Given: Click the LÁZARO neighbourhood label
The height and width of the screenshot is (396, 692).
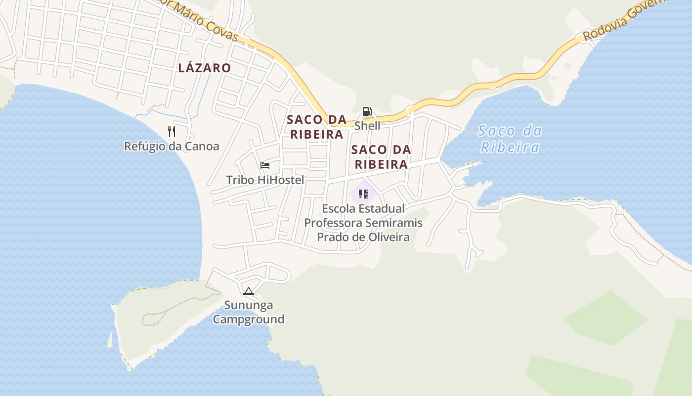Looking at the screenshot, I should click(204, 68).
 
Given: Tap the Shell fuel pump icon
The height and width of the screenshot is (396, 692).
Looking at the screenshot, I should click(367, 111).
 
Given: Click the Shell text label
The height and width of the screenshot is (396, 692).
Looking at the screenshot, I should click(367, 126).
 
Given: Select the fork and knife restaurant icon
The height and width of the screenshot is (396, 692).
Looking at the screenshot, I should click(172, 131).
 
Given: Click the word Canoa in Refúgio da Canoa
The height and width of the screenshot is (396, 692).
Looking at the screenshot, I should click(201, 146).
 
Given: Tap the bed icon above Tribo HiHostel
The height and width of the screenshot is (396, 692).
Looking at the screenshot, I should click(265, 165).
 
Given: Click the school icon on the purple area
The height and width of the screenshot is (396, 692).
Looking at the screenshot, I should click(363, 194).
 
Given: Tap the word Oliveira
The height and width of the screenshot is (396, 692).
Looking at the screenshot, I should click(389, 237).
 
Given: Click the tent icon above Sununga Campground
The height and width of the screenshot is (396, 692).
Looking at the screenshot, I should click(248, 291).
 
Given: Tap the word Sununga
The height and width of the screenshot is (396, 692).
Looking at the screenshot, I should click(248, 305).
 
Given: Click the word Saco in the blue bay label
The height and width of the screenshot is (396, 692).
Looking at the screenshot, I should click(495, 131).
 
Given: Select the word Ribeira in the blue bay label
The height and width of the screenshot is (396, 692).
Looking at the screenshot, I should click(510, 148).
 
